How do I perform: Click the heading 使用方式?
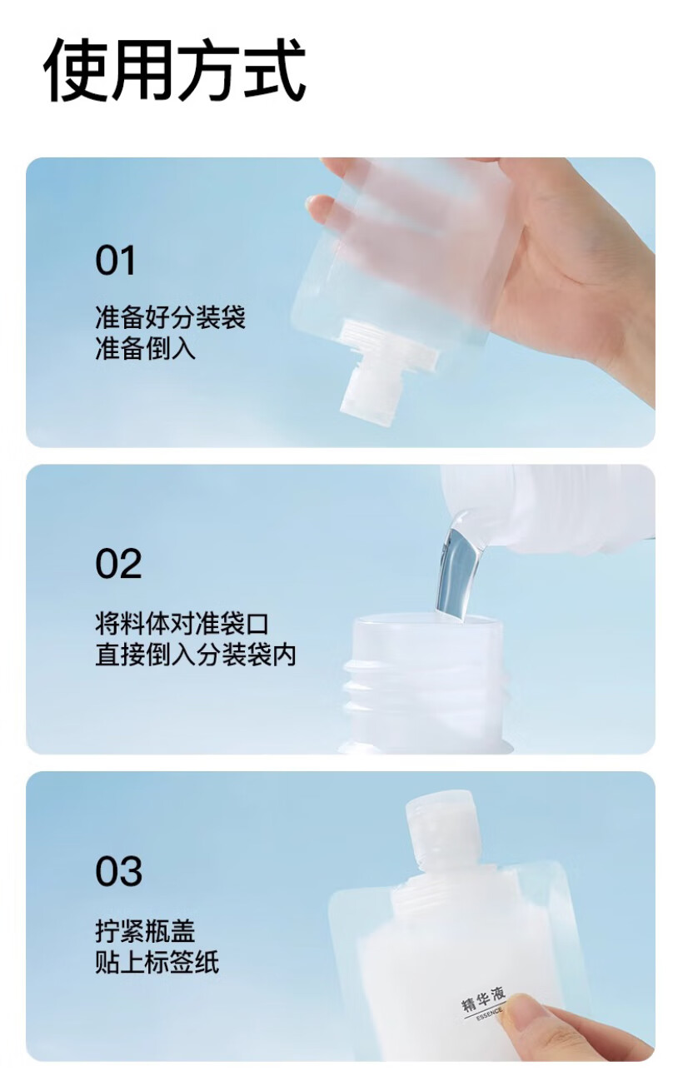(175, 71)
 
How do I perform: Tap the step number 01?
(115, 261)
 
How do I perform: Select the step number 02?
(118, 564)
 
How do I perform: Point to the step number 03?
(118, 871)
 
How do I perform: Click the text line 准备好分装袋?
(170, 317)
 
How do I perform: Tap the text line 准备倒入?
(145, 349)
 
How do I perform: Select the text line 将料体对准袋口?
(182, 624)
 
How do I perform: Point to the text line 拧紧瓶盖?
(145, 931)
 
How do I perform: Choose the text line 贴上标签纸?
(157, 962)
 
